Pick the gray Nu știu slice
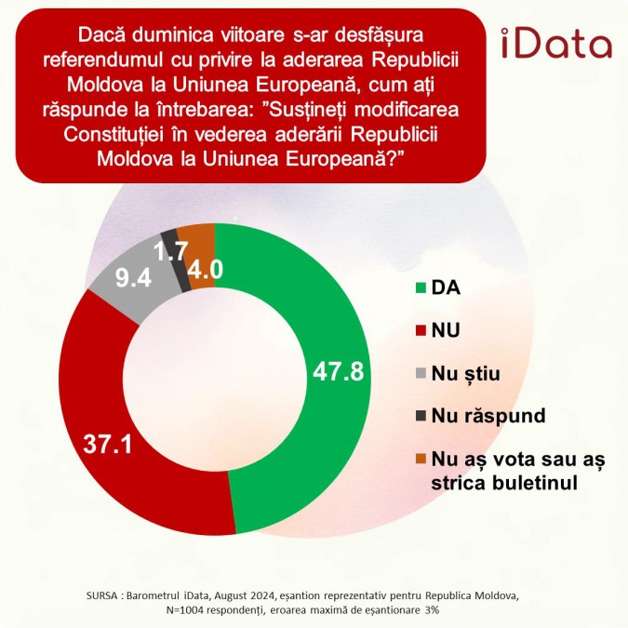pos(130,279)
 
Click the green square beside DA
pos(420,287)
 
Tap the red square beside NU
pos(420,330)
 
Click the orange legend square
pos(420,459)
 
